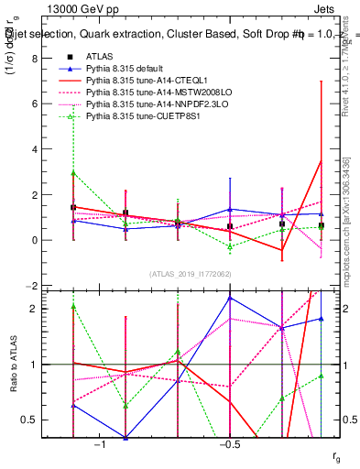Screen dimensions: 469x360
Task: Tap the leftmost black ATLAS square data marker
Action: tap(73, 207)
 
